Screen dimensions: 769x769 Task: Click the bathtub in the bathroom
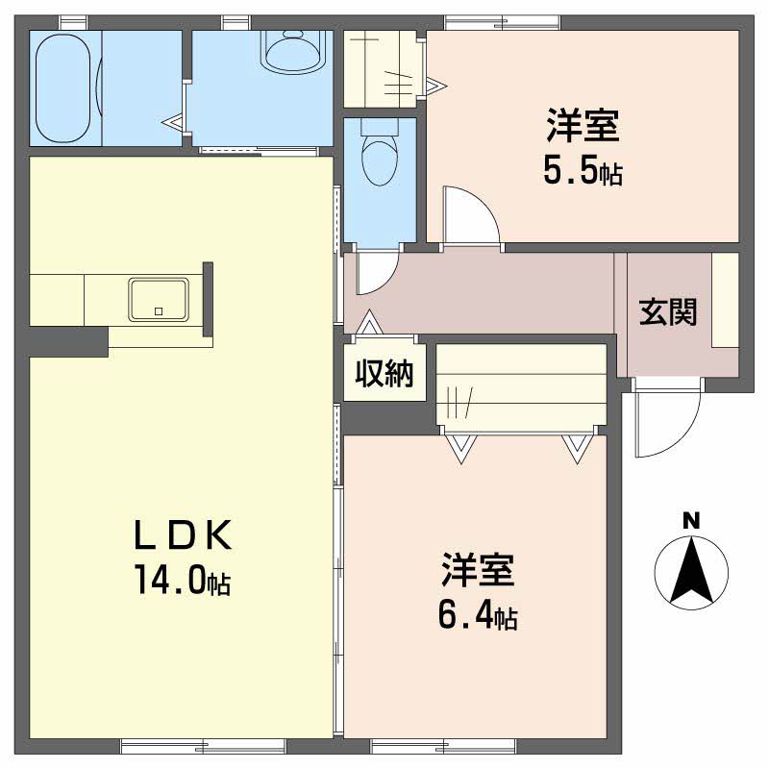click(62, 87)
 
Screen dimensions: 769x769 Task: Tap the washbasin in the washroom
click(293, 53)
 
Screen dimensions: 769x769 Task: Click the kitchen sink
click(159, 300)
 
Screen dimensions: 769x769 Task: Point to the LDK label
click(183, 535)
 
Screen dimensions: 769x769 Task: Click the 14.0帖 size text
click(183, 580)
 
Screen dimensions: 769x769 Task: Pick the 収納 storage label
click(384, 373)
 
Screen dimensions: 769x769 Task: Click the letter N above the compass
click(691, 521)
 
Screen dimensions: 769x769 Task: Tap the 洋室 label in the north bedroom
click(583, 126)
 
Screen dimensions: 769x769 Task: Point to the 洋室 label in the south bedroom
click(478, 570)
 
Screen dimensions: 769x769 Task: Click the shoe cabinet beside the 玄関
click(725, 300)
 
